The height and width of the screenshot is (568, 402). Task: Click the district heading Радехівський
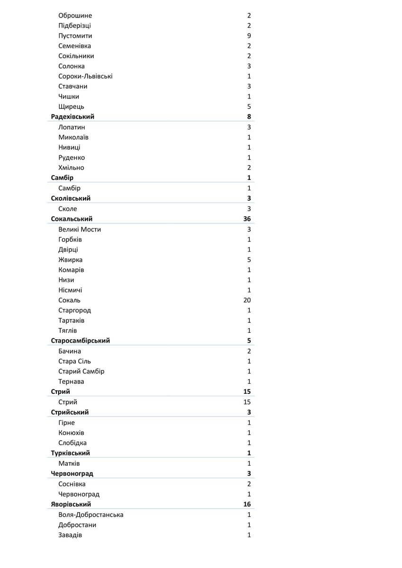tap(72, 117)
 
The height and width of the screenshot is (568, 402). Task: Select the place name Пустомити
tap(75, 36)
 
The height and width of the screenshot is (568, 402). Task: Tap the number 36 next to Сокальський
tap(247, 219)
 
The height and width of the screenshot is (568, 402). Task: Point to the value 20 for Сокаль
tap(247, 300)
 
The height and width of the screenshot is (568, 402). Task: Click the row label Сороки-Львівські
tap(85, 76)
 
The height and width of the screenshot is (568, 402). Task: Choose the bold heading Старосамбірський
tap(80, 341)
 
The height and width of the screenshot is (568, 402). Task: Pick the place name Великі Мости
tap(80, 230)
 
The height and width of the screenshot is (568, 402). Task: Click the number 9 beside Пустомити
tap(249, 36)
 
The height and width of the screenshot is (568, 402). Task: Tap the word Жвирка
tap(71, 260)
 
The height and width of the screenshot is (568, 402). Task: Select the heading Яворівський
tap(71, 505)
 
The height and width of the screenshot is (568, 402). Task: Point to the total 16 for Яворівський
tap(247, 505)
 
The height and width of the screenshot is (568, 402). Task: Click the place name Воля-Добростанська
tap(91, 515)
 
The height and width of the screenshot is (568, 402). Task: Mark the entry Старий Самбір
tap(81, 372)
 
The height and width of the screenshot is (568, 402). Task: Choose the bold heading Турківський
tap(71, 453)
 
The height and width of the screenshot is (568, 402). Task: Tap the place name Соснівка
tap(72, 484)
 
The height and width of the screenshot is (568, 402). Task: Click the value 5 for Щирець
tap(249, 106)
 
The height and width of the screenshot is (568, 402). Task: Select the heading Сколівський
tap(71, 199)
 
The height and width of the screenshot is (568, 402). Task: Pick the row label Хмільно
tap(71, 168)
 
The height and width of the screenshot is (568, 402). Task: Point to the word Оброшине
tap(75, 16)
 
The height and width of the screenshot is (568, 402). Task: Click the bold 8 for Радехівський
tap(249, 117)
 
